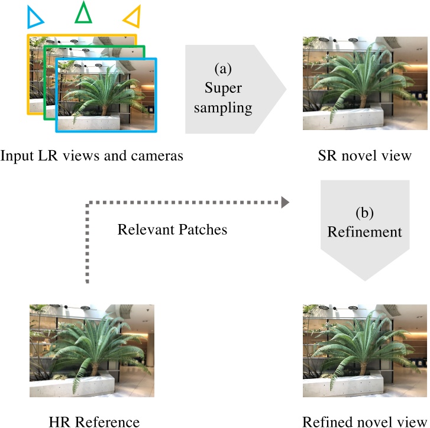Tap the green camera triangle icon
click(83, 13)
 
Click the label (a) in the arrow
click(223, 69)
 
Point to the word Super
click(224, 88)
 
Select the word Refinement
click(365, 231)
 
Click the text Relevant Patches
click(172, 229)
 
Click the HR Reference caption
click(95, 421)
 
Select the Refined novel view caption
click(364, 421)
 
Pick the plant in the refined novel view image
click(361, 349)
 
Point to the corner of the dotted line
click(88, 203)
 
